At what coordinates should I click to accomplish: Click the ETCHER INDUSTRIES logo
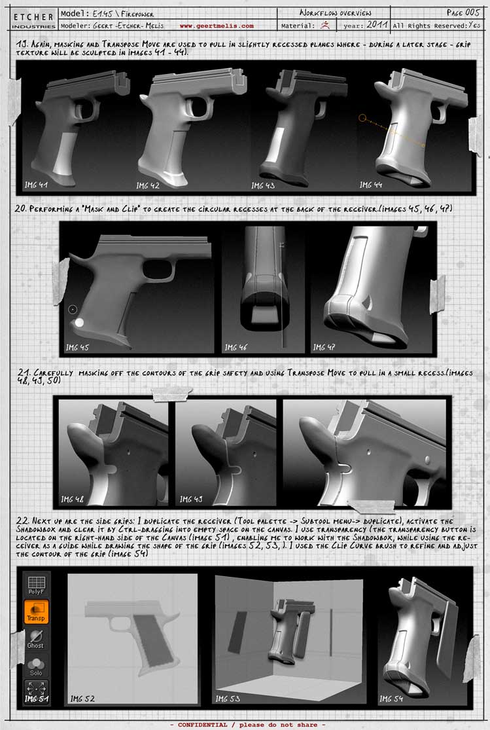[x=33, y=20]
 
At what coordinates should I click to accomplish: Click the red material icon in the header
[x=325, y=26]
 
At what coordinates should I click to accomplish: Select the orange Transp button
[x=35, y=613]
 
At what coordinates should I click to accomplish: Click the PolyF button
[x=35, y=585]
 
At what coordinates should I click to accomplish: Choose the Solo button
[x=35, y=666]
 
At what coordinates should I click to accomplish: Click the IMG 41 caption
[x=35, y=185]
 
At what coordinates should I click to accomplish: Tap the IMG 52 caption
[x=82, y=699]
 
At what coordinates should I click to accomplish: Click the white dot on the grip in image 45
[x=79, y=322]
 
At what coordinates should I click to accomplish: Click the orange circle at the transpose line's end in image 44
[x=362, y=119]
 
